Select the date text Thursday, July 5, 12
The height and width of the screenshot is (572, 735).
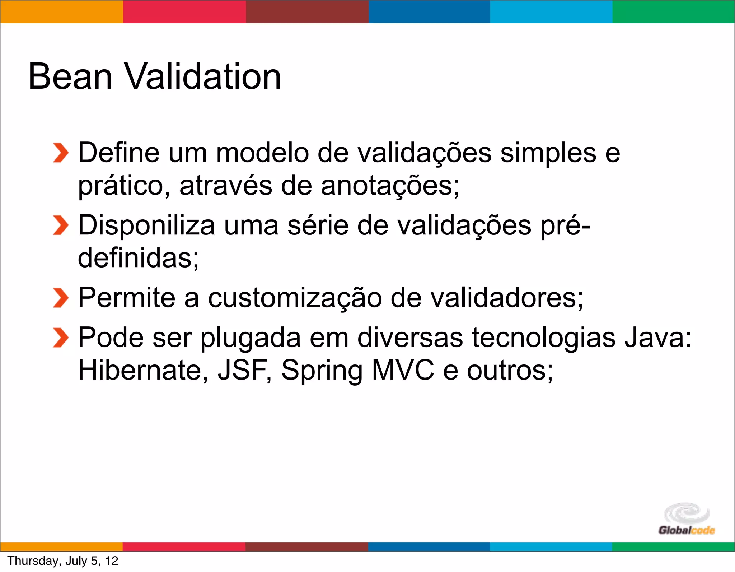click(63, 561)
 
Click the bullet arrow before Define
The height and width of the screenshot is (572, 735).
click(60, 153)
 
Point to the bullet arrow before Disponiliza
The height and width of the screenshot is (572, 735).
click(60, 225)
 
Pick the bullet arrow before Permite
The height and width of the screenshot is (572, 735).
click(60, 298)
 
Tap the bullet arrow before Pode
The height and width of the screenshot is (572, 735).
click(60, 338)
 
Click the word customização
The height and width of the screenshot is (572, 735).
click(295, 299)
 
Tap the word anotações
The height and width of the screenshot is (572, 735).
click(389, 186)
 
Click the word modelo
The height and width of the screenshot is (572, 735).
click(262, 153)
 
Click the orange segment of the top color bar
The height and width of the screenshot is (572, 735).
click(61, 11)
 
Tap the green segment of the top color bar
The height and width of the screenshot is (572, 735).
click(674, 11)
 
